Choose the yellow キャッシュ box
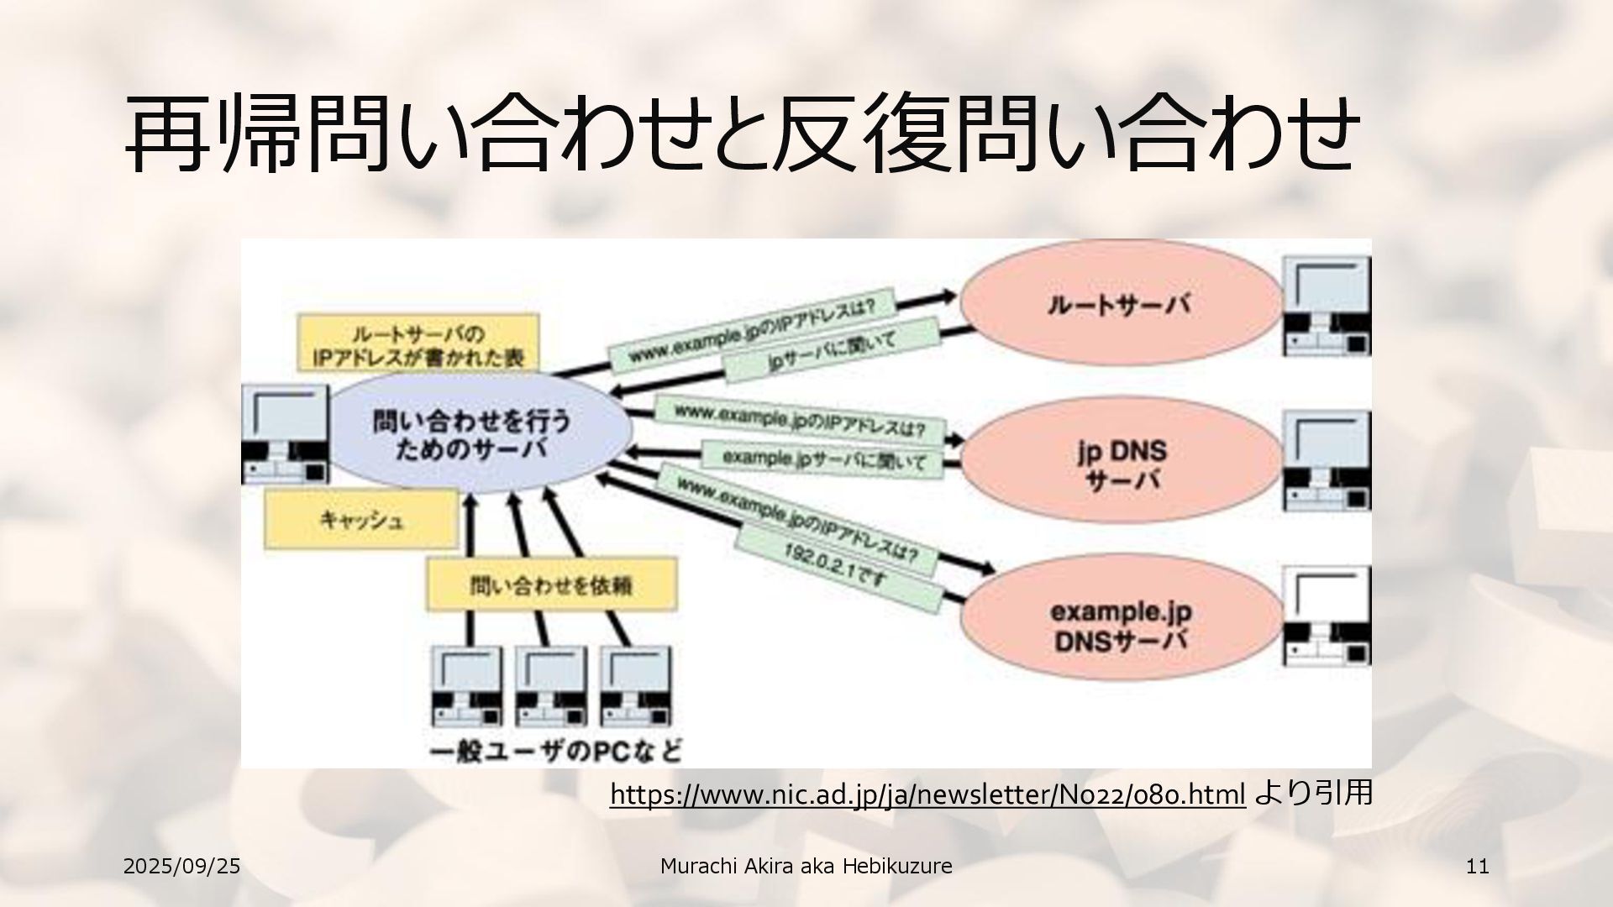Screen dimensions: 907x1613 pyautogui.click(x=362, y=520)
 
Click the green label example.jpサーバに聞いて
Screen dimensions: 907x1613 pyautogui.click(x=824, y=459)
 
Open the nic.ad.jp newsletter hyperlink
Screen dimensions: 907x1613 pyautogui.click(x=927, y=794)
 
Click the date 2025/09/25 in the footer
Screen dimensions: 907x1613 pyautogui.click(x=181, y=866)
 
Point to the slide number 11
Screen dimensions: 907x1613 pyautogui.click(x=1477, y=866)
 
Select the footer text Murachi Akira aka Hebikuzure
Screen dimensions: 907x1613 pyautogui.click(x=806, y=866)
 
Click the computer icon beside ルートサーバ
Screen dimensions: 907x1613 pyautogui.click(x=1326, y=307)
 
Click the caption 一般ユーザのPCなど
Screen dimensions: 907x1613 pyautogui.click(x=555, y=749)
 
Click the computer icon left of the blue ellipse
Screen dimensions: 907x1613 pyautogui.click(x=284, y=434)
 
